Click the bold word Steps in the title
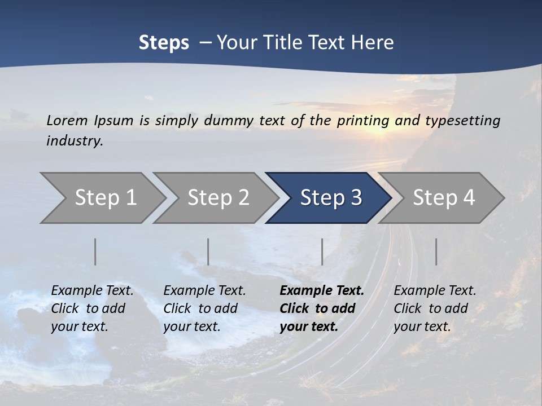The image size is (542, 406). coord(164,43)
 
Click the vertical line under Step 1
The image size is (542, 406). coord(95,251)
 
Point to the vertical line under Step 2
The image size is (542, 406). coord(208,251)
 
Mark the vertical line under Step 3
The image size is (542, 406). coord(322,251)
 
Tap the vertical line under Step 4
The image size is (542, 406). coord(436,251)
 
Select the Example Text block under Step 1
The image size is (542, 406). coord(92,308)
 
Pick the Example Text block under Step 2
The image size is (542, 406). coord(204,308)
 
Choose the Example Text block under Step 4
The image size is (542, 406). coord(435,308)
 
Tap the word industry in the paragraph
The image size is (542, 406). coord(75,141)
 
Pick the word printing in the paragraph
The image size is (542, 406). coord(363,121)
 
